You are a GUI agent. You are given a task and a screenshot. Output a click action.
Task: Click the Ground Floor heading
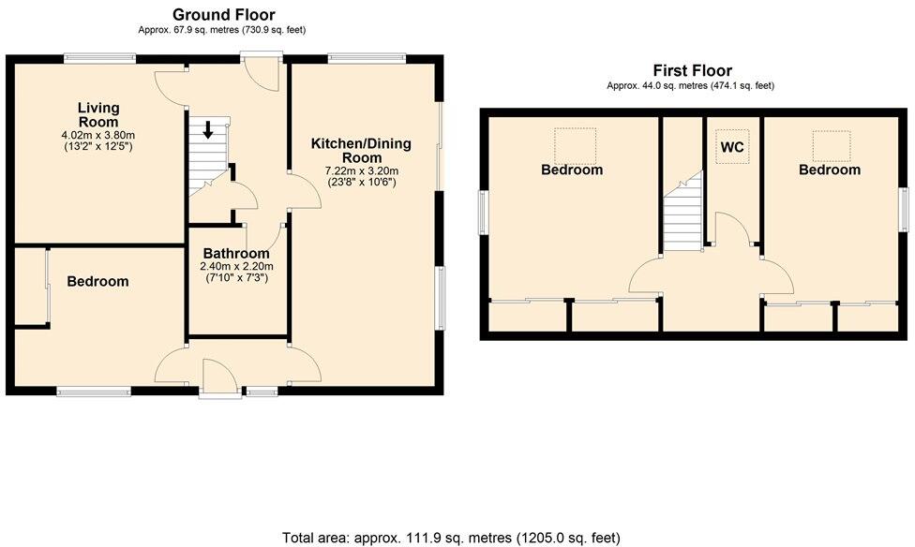223,14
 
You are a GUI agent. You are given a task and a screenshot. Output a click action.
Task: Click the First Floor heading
692,70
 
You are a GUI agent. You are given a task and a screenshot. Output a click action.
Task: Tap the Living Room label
98,115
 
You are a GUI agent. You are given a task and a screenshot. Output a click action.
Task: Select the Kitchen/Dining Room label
361,151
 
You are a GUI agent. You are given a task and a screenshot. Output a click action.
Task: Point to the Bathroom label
236,253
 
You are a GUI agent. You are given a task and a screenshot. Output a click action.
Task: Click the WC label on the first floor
732,147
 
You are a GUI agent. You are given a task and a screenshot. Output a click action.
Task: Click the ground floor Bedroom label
97,281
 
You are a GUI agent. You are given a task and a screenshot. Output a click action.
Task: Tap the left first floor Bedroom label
572,170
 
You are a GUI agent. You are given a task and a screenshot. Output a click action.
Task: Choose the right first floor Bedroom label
829,170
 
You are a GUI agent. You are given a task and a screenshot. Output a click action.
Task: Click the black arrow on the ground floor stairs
208,129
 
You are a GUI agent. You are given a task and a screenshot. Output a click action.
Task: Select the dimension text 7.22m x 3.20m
361,170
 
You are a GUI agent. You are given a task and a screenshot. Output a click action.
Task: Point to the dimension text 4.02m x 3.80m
98,135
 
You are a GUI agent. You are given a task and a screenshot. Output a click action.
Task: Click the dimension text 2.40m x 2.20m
236,266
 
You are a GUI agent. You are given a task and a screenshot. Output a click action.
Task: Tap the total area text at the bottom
451,537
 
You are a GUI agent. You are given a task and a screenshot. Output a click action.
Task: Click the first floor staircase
683,214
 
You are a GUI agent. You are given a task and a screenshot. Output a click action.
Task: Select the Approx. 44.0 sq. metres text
691,86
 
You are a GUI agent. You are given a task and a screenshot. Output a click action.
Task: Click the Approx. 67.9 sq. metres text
222,30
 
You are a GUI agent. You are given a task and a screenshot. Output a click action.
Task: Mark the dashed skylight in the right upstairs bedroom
830,144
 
